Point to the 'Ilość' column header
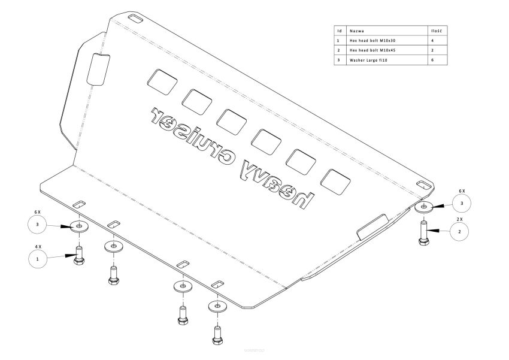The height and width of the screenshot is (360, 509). click(436, 29)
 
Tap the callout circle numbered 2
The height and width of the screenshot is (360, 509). click(459, 231)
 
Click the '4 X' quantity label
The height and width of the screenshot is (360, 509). click(37, 246)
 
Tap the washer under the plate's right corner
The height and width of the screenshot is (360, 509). click(425, 207)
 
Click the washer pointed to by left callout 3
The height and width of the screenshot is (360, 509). click(78, 226)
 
